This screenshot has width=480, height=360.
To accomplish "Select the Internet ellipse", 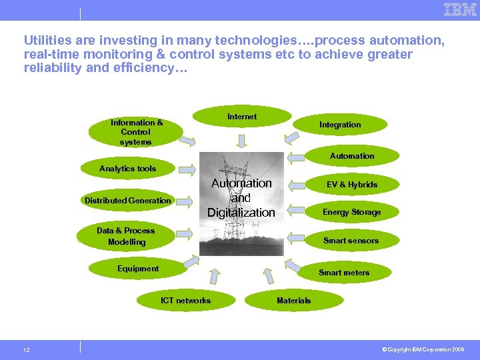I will pos(241,117).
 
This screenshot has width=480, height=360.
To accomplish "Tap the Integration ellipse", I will pos(340,125).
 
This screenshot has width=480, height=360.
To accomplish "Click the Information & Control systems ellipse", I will pos(136,132).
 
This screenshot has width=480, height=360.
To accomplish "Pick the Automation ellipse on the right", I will pos(352,156).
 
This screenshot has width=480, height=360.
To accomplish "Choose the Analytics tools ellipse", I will pos(127,169).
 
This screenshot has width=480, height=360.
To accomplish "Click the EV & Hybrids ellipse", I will pos(352,185).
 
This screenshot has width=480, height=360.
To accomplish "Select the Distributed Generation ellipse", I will pos(127,201).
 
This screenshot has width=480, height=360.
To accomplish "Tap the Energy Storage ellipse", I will pos(352,212).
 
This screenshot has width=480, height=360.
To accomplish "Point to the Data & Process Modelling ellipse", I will pos(126,237).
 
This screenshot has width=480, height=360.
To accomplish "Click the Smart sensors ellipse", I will pos(351,241).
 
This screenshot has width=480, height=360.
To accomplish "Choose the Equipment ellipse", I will pos(138,269).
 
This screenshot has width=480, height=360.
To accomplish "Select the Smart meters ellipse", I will pos(344,273).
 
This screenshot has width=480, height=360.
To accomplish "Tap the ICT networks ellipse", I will pos(185,301).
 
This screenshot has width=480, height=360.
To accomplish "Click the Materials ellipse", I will pos(293,301).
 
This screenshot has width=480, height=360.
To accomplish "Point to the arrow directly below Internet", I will pos(241,139).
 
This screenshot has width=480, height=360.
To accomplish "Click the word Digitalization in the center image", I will pos(241,213).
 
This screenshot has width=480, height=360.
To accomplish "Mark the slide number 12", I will pos(26,350).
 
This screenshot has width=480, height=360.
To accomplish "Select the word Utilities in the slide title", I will pos(45,41).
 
